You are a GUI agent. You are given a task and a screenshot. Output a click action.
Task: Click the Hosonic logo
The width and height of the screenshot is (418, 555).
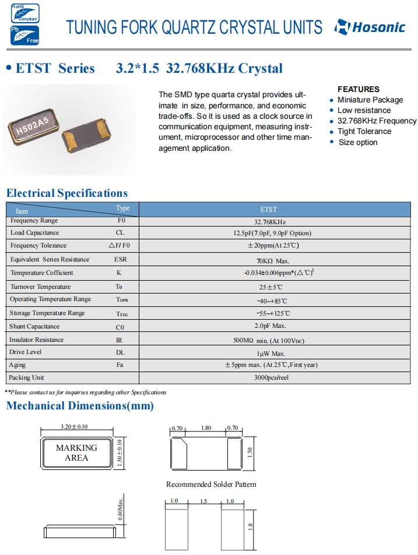click(x=370, y=27)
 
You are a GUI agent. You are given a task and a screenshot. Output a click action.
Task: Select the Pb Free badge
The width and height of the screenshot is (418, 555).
click(x=24, y=35)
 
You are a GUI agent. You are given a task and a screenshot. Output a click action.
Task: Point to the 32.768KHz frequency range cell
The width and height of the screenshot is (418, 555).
click(x=269, y=222)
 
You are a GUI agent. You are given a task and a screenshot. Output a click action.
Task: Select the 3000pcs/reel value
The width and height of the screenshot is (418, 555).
click(x=269, y=378)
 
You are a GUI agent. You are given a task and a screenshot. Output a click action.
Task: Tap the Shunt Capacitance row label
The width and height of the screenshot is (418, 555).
click(x=34, y=326)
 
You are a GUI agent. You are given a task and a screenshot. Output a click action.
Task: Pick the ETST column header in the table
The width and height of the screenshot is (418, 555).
click(x=269, y=209)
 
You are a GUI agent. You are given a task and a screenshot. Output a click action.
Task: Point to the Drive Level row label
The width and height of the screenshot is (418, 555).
click(x=26, y=352)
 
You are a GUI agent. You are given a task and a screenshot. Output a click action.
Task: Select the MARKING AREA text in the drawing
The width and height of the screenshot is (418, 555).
click(x=76, y=453)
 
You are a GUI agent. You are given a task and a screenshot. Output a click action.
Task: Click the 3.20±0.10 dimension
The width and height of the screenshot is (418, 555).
click(x=74, y=427)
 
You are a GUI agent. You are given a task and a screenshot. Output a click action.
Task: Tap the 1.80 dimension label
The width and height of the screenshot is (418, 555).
click(x=206, y=427)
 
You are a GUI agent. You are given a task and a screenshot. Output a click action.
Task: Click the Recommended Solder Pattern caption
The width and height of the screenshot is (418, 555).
click(x=211, y=484)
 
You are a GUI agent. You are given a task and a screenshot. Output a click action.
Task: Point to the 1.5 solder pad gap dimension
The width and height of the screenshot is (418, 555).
click(x=203, y=501)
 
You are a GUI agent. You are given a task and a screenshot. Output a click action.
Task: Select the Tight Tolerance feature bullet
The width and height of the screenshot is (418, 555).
click(x=364, y=131)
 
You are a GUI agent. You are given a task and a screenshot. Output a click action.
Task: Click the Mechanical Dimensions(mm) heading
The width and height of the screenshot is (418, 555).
click(x=80, y=406)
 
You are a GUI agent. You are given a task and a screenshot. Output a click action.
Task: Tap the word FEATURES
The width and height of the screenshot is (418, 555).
click(x=359, y=89)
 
